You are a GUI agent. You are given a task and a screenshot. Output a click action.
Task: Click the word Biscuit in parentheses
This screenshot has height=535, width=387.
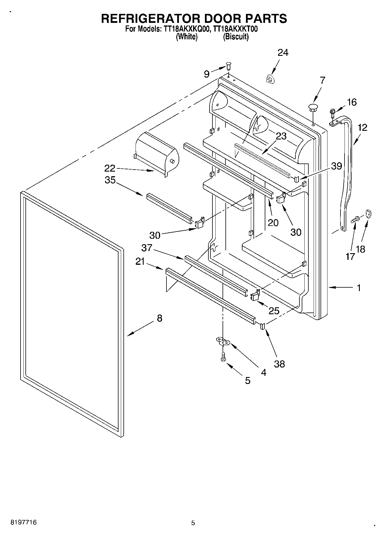point(236,37)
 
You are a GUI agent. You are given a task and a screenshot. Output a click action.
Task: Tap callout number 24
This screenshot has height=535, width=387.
point(283,53)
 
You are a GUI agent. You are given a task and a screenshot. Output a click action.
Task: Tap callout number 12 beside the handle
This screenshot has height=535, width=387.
point(362,127)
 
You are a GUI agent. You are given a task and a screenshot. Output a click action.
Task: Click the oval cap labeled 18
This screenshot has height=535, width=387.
point(368,214)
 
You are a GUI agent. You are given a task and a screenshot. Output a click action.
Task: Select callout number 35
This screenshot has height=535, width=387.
point(110,180)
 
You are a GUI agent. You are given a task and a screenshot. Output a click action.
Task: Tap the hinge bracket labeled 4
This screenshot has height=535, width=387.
point(223,341)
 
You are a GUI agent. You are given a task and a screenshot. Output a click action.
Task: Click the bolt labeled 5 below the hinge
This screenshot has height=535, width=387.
point(223,356)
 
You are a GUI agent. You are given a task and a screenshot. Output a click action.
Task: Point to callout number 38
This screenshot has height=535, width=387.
point(279,364)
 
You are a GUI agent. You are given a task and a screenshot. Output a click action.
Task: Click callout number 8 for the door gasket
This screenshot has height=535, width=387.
point(160,318)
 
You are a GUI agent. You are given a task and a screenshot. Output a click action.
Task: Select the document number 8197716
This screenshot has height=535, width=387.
point(23,523)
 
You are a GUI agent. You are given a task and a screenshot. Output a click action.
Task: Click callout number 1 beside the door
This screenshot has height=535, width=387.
point(359,288)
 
